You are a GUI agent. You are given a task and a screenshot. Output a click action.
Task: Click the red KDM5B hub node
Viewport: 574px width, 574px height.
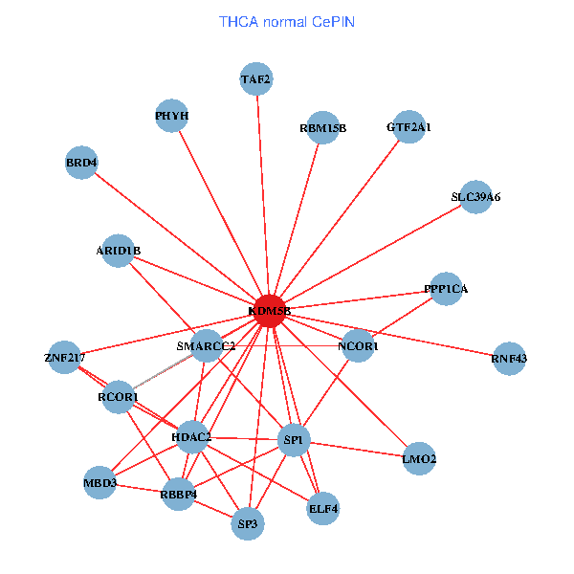pyautogui.click(x=270, y=312)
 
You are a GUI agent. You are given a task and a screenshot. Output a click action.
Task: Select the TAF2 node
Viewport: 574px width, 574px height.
pyautogui.click(x=256, y=78)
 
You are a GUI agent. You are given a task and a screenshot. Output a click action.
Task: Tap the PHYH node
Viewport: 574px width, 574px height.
pyautogui.click(x=172, y=117)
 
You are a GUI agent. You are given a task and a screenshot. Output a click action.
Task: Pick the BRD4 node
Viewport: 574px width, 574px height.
pyautogui.click(x=82, y=163)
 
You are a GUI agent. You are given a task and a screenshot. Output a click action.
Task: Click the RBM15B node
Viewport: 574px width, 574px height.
pyautogui.click(x=322, y=127)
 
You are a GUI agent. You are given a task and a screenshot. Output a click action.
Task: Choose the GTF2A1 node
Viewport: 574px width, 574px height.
pyautogui.click(x=409, y=126)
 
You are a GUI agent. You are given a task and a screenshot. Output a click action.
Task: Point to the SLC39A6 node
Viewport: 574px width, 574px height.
pyautogui.click(x=475, y=197)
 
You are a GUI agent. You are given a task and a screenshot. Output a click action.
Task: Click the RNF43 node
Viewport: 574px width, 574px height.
pyautogui.click(x=509, y=359)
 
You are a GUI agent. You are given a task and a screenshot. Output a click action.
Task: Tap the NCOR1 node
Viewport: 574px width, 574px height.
pyautogui.click(x=359, y=345)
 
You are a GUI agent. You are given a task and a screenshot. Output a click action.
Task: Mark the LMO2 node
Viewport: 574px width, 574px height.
pyautogui.click(x=419, y=459)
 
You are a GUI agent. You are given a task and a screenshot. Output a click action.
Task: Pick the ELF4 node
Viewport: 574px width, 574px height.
pyautogui.click(x=323, y=509)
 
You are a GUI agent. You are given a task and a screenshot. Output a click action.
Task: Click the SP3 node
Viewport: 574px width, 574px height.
pyautogui.click(x=248, y=523)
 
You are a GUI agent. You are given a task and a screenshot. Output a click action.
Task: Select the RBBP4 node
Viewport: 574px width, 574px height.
pyautogui.click(x=178, y=495)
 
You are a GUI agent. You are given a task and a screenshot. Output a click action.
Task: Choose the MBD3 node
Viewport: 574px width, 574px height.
pyautogui.click(x=99, y=483)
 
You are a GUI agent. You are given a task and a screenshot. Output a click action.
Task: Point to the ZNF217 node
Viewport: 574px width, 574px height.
pyautogui.click(x=64, y=358)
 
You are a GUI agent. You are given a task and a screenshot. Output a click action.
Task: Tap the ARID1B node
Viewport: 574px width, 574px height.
pyautogui.click(x=119, y=251)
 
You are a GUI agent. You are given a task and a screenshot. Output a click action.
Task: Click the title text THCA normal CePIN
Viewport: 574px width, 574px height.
pyautogui.click(x=287, y=21)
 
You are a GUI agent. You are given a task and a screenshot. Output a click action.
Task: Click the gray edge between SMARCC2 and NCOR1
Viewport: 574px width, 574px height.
pyautogui.click(x=287, y=345)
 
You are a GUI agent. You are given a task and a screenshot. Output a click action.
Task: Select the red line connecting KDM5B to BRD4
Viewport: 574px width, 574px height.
pyautogui.click(x=176, y=237)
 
